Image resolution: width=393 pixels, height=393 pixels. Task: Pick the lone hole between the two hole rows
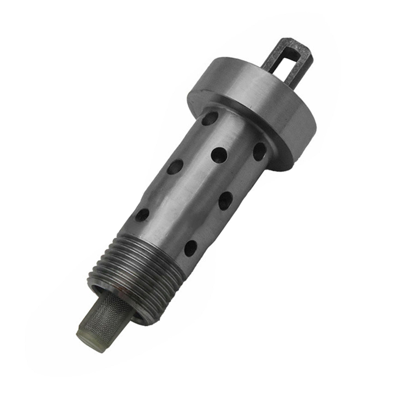click(x=220, y=155)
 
